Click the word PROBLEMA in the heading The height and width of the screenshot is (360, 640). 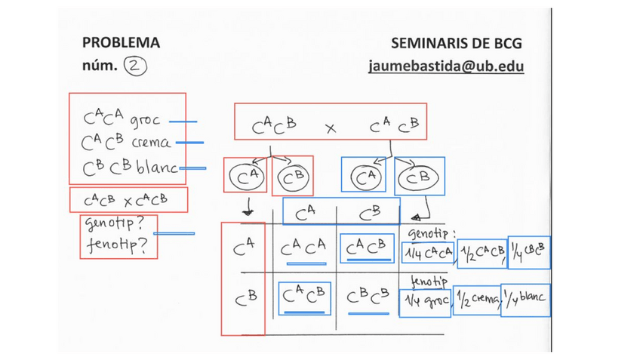pyautogui.click(x=121, y=43)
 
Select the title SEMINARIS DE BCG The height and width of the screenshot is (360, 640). pyautogui.click(x=457, y=43)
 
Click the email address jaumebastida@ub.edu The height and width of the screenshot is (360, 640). pyautogui.click(x=446, y=66)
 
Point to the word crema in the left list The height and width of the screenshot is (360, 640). pyautogui.click(x=150, y=142)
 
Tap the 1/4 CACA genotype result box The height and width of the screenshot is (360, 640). pyautogui.click(x=427, y=253)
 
